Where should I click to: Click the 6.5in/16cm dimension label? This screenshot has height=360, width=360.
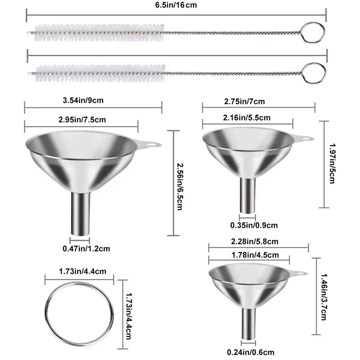(x=177, y=5)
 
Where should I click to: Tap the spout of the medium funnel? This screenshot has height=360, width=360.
(x=248, y=195)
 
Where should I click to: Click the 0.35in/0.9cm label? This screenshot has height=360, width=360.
(x=255, y=225)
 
